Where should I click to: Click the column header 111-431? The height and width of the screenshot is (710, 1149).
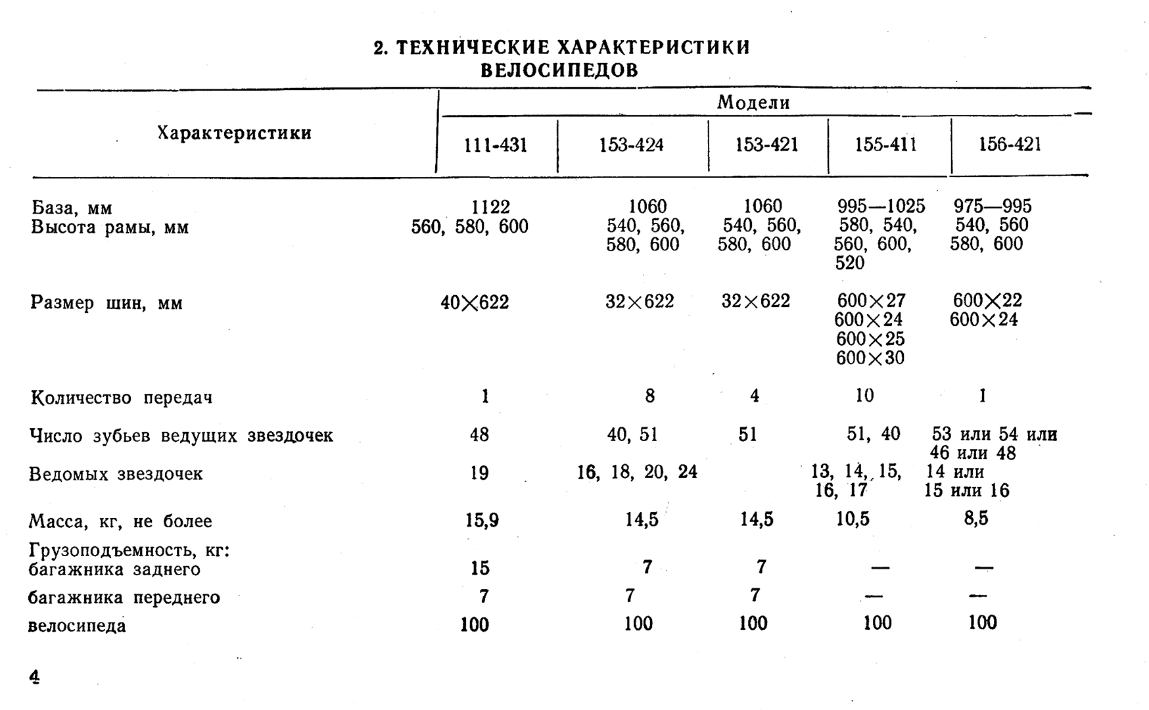pos(495,145)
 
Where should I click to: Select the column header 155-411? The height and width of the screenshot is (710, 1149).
pos(885,145)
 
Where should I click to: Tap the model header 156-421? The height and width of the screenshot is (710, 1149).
pos(1010,145)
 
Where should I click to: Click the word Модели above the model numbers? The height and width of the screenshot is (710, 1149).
pos(753,103)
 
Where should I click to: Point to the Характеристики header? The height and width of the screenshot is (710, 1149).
pos(234,133)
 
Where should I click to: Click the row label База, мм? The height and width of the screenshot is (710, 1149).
pos(72,208)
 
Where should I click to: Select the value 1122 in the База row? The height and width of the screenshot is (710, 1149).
pos(491,207)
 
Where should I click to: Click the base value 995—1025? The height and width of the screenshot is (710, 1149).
pos(881,206)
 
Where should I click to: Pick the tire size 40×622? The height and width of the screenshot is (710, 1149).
pos(475,302)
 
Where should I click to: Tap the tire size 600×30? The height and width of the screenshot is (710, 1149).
pos(870,358)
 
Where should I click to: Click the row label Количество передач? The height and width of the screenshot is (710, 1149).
pos(122,398)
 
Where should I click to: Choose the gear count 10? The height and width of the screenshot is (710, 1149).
pos(864,395)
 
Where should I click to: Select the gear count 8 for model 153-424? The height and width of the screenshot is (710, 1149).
pos(649,396)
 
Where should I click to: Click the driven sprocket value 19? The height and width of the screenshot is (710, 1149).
pos(479,473)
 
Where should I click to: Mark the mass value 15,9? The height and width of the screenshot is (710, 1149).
pos(482,520)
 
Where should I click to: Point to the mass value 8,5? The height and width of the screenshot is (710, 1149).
pos(976,519)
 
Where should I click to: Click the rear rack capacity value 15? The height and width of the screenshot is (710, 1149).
pos(480,568)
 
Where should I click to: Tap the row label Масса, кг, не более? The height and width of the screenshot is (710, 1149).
pos(120,522)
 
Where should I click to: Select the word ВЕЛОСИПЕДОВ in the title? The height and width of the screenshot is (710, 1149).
pos(559,70)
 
